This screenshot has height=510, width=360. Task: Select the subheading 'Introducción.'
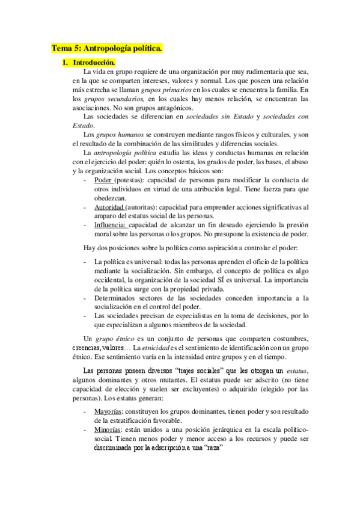coord(93,62)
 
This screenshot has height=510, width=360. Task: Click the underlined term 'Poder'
coord(103,180)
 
